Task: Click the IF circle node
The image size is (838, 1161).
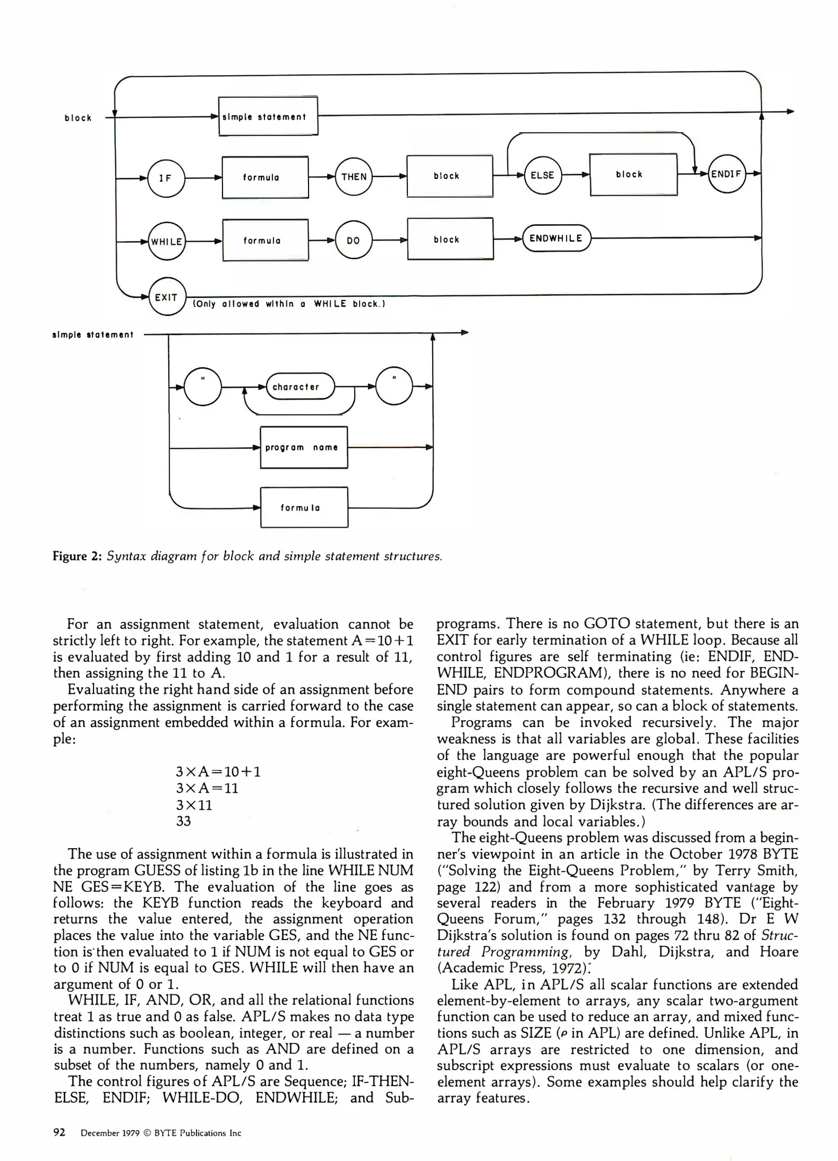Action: click(166, 178)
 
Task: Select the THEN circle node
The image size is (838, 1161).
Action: click(353, 177)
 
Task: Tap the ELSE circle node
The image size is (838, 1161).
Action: click(542, 175)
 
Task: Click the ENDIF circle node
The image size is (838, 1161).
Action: click(727, 174)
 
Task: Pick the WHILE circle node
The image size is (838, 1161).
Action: click(166, 241)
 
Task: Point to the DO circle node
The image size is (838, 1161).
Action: click(353, 240)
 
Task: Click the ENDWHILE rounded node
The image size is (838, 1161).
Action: click(556, 238)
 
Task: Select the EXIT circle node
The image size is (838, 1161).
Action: click(167, 297)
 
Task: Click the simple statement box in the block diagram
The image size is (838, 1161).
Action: click(268, 116)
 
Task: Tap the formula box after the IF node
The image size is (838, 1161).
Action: click(265, 177)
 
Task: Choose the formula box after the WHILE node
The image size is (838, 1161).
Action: click(266, 240)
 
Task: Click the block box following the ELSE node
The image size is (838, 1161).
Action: click(633, 175)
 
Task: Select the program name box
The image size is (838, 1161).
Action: click(304, 447)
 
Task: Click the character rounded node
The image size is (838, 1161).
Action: click(300, 386)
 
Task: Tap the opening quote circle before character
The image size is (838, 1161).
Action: click(203, 386)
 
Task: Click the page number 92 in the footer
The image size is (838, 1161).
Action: click(59, 1133)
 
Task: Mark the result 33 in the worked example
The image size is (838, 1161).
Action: click(183, 821)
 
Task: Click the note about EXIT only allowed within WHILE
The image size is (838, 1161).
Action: click(289, 304)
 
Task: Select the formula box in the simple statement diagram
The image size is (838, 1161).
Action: click(304, 507)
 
